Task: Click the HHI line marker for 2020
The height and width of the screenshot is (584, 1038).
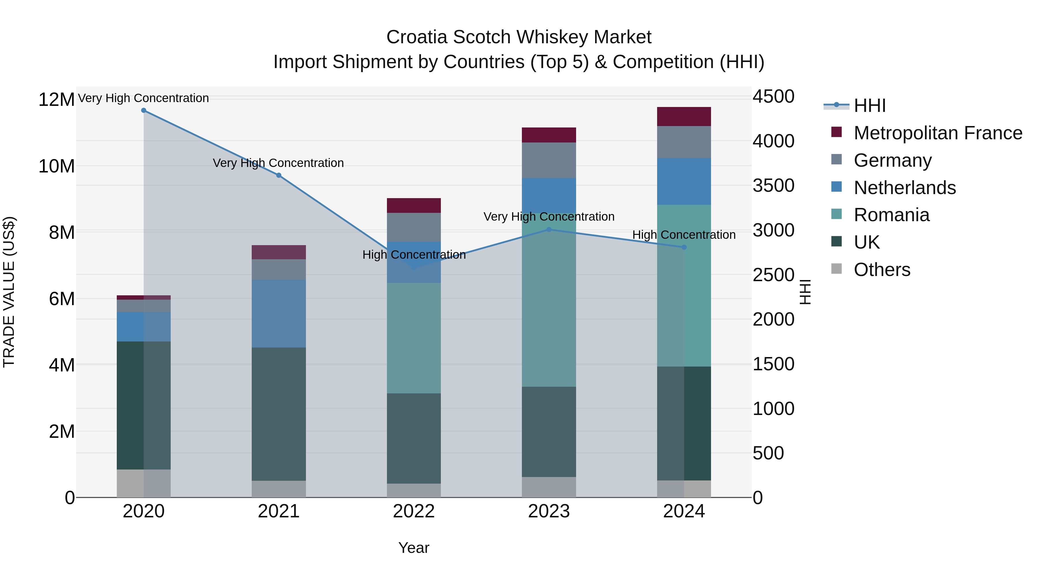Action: click(144, 110)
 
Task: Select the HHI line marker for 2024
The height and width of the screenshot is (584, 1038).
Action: click(684, 247)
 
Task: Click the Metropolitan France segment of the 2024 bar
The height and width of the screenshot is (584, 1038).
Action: click(684, 117)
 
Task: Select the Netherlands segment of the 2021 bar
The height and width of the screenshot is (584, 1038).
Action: click(279, 313)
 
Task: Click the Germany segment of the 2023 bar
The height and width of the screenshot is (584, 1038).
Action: click(549, 160)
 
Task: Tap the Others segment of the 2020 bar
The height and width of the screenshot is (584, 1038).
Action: click(144, 483)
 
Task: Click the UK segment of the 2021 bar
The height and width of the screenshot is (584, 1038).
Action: click(279, 414)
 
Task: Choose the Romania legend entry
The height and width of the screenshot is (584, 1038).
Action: click(891, 215)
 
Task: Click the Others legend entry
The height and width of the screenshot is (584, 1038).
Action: click(882, 270)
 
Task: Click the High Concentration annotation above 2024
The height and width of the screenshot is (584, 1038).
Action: click(684, 234)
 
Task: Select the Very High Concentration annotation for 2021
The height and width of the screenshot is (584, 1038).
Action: click(279, 163)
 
